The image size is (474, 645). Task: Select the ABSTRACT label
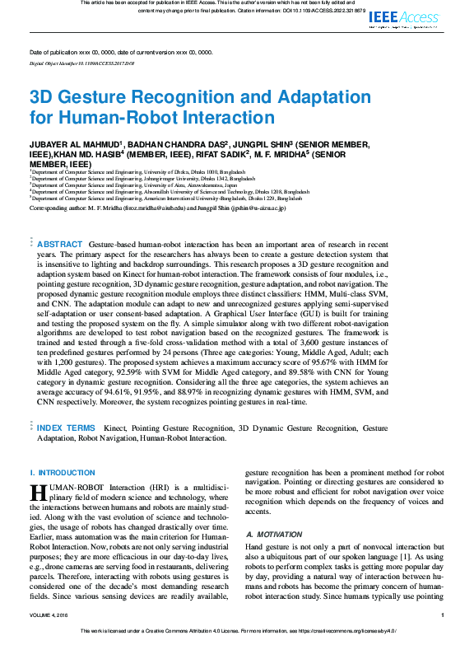tap(60, 245)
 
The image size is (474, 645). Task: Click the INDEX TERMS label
tap(66, 428)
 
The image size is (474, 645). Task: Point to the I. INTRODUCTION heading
tap(63, 472)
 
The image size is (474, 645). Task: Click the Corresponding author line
tap(157, 208)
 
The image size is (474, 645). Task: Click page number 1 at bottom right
tap(443, 614)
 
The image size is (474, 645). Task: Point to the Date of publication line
tap(120, 51)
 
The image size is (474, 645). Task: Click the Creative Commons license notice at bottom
tap(237, 634)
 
